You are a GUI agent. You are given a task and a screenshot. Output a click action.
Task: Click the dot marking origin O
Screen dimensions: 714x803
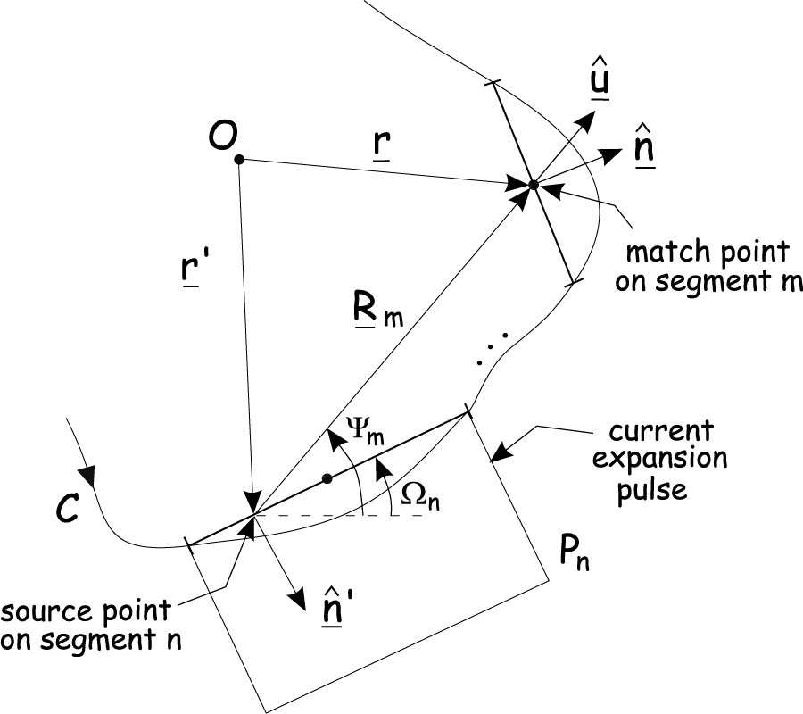[x=238, y=160]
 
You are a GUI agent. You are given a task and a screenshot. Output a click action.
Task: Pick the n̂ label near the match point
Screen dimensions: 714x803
[x=642, y=148]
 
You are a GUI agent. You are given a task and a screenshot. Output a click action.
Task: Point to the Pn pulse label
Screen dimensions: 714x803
[x=574, y=556]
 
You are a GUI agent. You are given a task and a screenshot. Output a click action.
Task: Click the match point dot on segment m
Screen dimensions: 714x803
[x=533, y=185]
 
